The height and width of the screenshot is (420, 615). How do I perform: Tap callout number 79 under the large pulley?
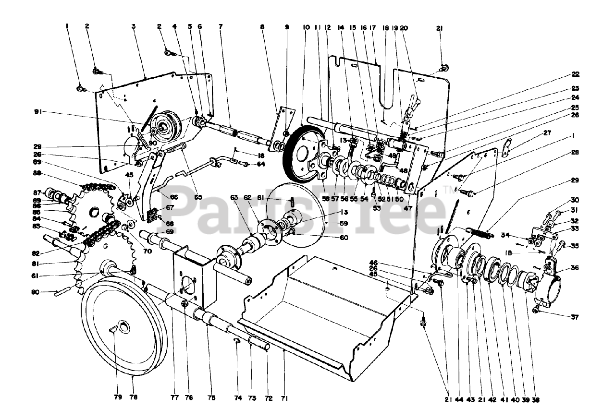pyautogui.click(x=118, y=397)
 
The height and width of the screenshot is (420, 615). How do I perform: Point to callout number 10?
pyautogui.click(x=306, y=27)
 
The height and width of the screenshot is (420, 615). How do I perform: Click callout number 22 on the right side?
pyautogui.click(x=575, y=74)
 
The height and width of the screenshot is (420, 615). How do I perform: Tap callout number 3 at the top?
pyautogui.click(x=133, y=27)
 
